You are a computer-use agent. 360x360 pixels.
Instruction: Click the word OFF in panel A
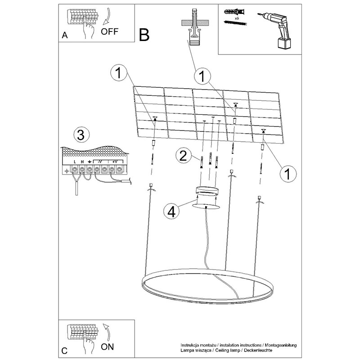click(110, 31)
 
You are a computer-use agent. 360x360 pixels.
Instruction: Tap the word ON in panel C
click(108, 346)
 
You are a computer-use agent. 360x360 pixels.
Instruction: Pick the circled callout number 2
click(182, 156)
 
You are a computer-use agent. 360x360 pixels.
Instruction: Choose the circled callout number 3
click(81, 134)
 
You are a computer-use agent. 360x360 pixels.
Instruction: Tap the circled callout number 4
click(170, 211)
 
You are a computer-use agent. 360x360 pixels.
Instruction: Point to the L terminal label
click(75, 161)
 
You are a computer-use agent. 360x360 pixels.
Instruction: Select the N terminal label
click(82, 161)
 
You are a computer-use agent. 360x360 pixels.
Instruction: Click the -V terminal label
click(100, 161)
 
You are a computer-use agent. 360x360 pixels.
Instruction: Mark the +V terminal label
click(115, 161)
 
